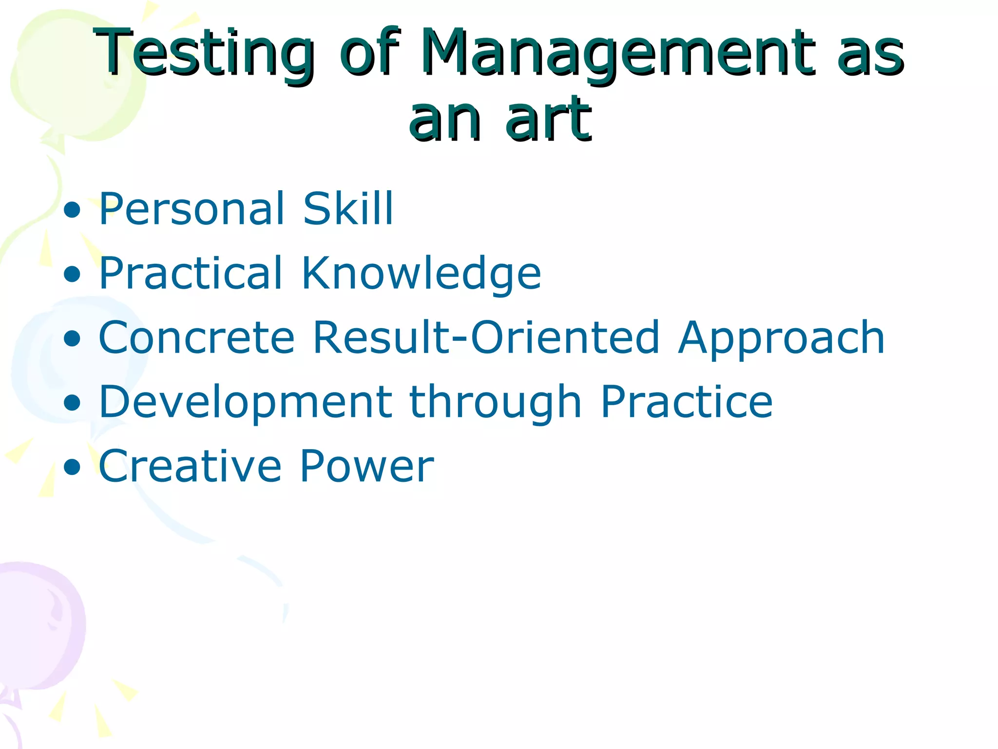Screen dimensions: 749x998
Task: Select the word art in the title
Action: point(548,119)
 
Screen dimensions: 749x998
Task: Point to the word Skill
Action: point(347,209)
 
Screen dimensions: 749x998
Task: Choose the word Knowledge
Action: point(421,273)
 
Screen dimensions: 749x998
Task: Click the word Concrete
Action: point(197,337)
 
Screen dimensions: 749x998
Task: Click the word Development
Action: point(246,403)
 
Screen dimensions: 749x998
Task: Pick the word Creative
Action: point(191,467)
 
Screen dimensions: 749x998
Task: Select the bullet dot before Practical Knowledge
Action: point(72,275)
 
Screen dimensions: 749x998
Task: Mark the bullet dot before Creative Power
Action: point(72,467)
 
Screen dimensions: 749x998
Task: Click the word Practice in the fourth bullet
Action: point(687,402)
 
